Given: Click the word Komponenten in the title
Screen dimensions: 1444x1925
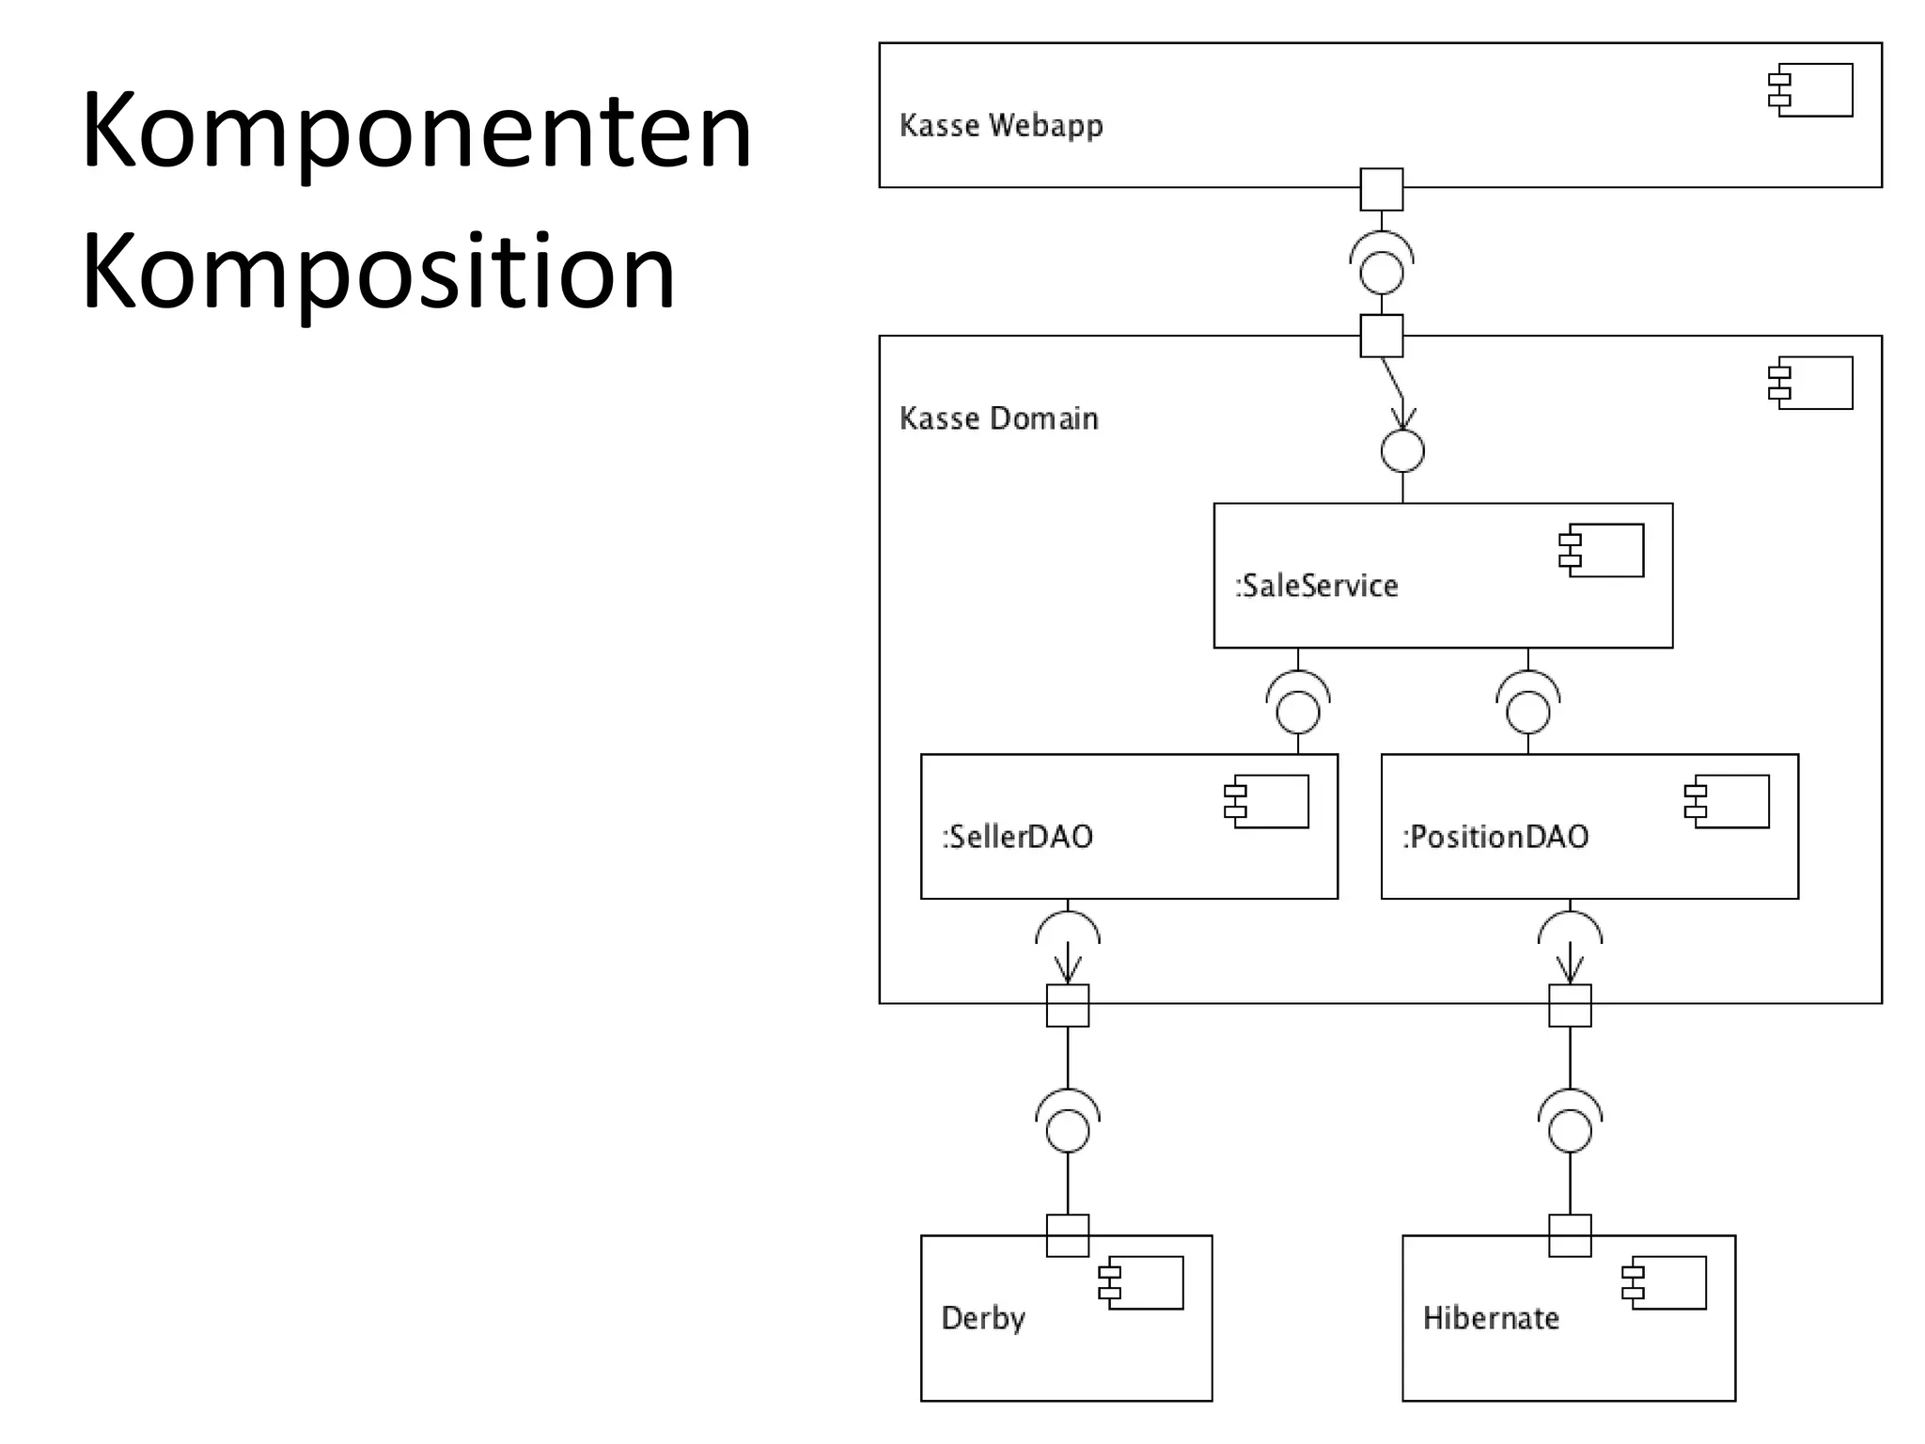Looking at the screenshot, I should click(x=416, y=132).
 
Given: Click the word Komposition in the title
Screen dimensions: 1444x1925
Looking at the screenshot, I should click(x=378, y=273).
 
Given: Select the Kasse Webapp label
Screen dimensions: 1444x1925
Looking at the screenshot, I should click(x=1000, y=125).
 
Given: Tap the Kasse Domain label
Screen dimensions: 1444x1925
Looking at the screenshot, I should click(x=998, y=418).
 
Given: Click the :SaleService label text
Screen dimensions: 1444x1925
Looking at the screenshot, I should click(x=1316, y=586).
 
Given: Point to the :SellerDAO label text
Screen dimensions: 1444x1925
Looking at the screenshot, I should click(x=1017, y=837).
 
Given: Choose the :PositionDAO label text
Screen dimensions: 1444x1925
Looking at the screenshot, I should click(x=1495, y=837).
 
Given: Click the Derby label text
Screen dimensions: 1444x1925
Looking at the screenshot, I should click(x=982, y=1318).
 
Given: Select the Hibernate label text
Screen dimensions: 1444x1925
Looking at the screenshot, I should click(x=1490, y=1318).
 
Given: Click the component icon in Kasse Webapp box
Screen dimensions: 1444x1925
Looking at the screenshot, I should click(x=1810, y=90).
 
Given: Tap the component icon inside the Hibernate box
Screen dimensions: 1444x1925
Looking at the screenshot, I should click(x=1664, y=1282).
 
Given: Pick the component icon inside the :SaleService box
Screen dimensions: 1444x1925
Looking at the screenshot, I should click(x=1602, y=550).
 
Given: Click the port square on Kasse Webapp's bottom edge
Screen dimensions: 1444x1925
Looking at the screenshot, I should click(x=1382, y=189).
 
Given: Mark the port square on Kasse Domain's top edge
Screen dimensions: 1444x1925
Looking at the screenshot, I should click(x=1382, y=336).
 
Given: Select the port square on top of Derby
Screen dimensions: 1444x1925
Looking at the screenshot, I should click(x=1068, y=1235).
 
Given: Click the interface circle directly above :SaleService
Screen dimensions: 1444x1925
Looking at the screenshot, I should click(x=1402, y=451).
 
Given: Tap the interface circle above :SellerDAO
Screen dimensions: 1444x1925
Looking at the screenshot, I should click(x=1298, y=712).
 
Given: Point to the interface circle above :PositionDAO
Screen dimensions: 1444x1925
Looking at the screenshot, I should click(x=1528, y=712).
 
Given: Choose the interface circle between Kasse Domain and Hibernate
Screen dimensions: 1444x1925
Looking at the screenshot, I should click(x=1570, y=1131).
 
